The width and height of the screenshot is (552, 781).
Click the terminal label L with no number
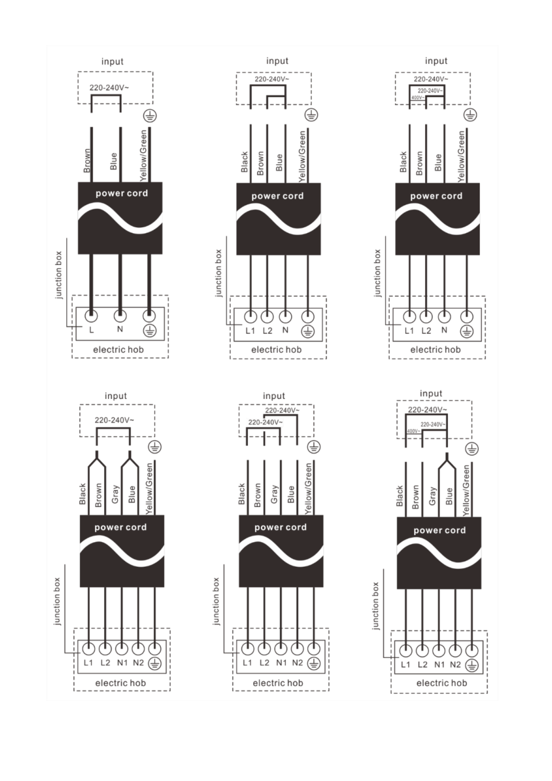[x=91, y=329]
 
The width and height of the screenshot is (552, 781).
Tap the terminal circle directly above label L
[x=91, y=316]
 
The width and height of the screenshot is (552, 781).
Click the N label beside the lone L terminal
[x=120, y=329]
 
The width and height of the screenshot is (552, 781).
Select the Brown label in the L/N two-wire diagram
[x=87, y=160]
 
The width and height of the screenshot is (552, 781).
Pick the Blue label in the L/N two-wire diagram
[x=113, y=161]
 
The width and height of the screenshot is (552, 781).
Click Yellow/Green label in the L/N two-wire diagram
[x=143, y=155]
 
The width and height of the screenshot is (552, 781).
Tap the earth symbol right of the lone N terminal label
[x=150, y=331]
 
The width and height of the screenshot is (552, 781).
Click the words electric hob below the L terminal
[x=118, y=349]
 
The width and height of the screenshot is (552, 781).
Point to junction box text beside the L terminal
[x=58, y=275]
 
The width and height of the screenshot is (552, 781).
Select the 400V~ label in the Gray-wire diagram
[x=413, y=431]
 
